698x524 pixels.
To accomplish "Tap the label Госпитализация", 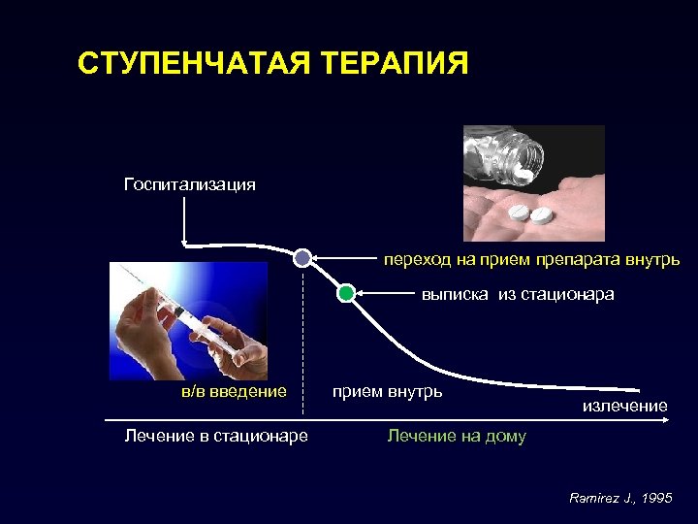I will click(x=190, y=184).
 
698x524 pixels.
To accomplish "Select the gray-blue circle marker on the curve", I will click(x=302, y=258).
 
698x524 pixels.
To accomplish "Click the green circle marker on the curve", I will click(x=346, y=293).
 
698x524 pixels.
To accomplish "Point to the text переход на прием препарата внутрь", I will click(x=530, y=260).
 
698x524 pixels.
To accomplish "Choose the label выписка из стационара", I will click(x=517, y=294).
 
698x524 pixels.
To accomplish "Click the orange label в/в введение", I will click(x=235, y=391).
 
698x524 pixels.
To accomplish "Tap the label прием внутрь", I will click(x=387, y=391).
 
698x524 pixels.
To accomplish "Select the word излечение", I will click(x=624, y=406).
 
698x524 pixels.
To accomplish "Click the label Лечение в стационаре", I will click(x=216, y=436).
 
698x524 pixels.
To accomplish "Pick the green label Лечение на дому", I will click(x=457, y=436).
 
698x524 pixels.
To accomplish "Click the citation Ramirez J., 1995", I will click(x=620, y=498).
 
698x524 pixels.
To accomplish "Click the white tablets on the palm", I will click(x=529, y=213).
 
